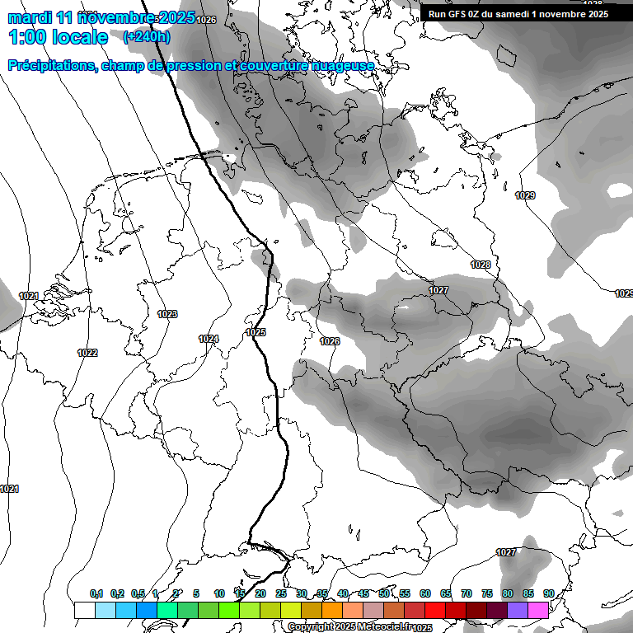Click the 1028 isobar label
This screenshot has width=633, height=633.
[481, 265]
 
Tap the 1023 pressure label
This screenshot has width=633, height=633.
[167, 314]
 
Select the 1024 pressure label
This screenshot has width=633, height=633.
[209, 339]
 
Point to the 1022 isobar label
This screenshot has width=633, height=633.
[87, 353]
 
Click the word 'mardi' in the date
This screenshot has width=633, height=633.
[30, 17]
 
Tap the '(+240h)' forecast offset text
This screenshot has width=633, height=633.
[147, 37]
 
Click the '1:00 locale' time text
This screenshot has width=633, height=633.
[58, 37]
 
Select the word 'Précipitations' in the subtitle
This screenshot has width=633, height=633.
[51, 65]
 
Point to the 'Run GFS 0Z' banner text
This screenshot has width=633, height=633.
[467, 14]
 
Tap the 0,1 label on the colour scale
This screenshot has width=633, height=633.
[96, 593]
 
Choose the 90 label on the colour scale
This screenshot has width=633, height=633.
[548, 593]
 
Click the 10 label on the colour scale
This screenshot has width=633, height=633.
[219, 593]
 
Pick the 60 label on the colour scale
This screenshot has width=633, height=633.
[425, 593]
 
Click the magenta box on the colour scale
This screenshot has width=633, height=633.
[538, 610]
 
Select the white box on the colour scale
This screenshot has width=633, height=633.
[84, 610]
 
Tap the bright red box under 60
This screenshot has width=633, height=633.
[435, 610]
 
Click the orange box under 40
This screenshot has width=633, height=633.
[332, 610]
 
